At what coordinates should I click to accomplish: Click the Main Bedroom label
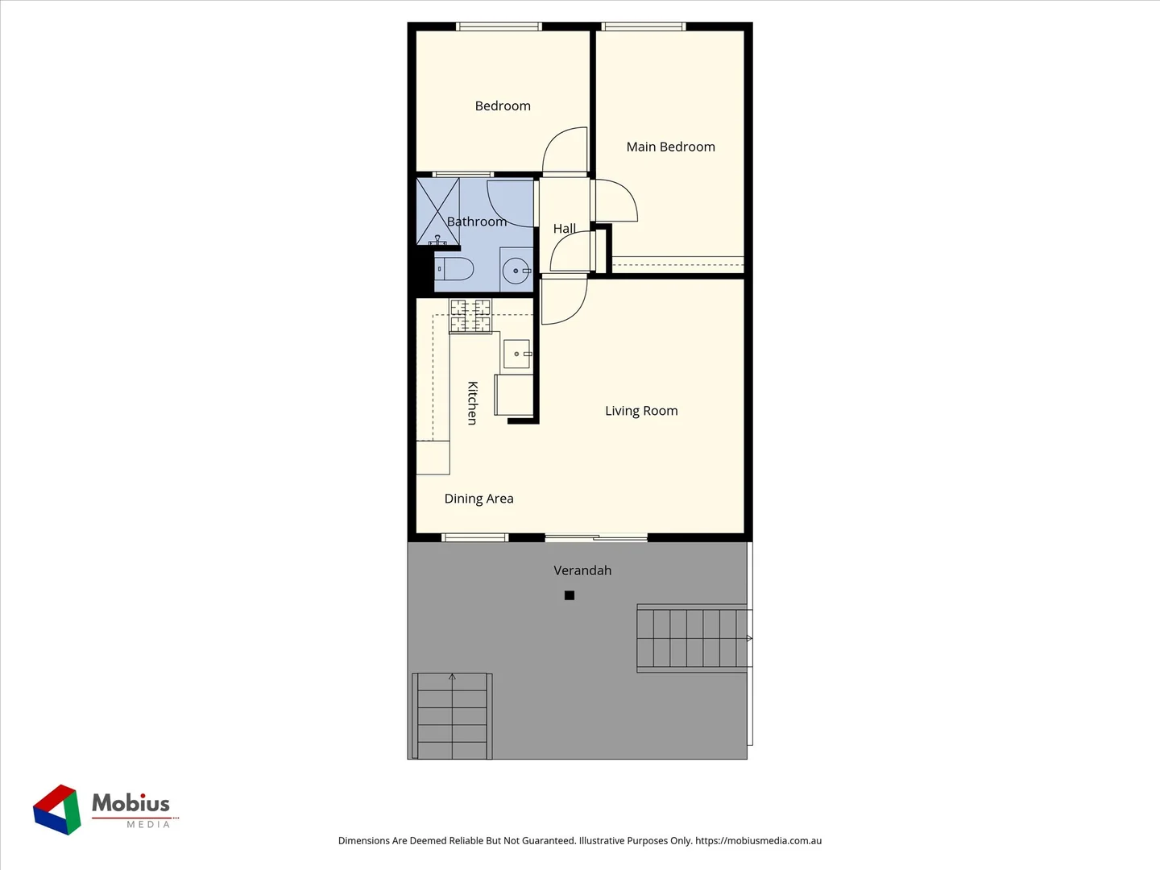point(670,147)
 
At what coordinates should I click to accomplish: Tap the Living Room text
point(641,411)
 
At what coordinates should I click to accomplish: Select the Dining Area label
point(478,499)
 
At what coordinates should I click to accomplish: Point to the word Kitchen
point(473,403)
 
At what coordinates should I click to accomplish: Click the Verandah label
point(582,570)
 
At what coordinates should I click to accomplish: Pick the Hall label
point(564,229)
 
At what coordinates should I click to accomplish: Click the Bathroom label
point(477,222)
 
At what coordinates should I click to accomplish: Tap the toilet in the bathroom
point(455,268)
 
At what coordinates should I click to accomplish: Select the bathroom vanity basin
point(516,271)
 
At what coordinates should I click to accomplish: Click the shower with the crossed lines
point(437,211)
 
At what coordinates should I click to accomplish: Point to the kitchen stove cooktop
point(470,315)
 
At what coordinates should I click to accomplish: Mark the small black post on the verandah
point(570,595)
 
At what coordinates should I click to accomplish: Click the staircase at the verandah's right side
point(694,638)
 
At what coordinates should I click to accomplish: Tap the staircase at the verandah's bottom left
point(452,715)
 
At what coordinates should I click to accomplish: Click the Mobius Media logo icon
point(57,810)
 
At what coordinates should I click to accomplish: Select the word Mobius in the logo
point(130,803)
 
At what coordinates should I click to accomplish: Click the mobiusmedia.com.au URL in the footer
point(758,840)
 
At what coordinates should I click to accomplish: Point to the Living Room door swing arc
point(565,302)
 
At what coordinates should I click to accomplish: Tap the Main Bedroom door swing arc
point(617,201)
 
